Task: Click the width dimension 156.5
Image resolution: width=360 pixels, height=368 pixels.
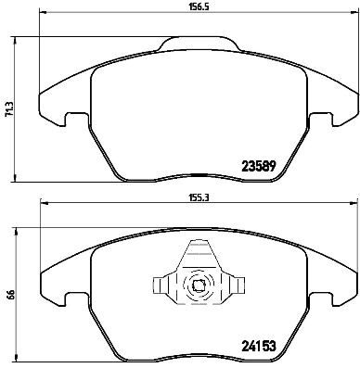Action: tap(193, 7)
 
